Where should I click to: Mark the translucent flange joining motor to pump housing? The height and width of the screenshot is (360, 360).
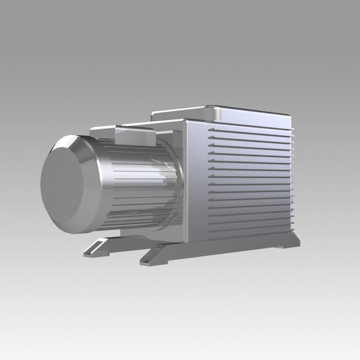pyautogui.click(x=173, y=180)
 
